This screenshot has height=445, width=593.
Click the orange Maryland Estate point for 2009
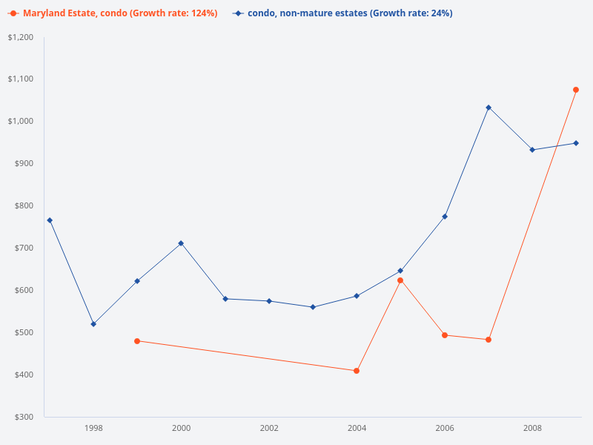[x=576, y=90]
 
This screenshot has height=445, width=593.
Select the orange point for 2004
[x=357, y=371]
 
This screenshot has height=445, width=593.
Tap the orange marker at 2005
[x=400, y=280]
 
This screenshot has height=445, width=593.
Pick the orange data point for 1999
[x=137, y=341]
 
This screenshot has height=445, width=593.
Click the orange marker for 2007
[x=488, y=340]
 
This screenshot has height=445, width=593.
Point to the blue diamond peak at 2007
[x=488, y=108]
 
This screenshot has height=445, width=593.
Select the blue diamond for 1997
[x=50, y=220]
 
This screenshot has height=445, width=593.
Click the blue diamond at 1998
[x=93, y=324]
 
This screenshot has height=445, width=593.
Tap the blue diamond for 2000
[x=181, y=243]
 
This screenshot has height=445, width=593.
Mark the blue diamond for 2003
[x=313, y=307]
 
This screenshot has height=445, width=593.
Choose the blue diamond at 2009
[x=576, y=143]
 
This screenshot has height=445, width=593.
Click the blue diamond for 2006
[x=445, y=217]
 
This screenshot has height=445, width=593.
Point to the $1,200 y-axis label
[x=20, y=37]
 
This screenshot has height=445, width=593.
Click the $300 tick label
[x=23, y=417]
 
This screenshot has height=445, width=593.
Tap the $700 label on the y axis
[x=23, y=248]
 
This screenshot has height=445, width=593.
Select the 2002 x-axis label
[x=269, y=428]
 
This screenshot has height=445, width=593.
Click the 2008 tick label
[x=532, y=428]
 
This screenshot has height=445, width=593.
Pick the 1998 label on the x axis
[x=93, y=428]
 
